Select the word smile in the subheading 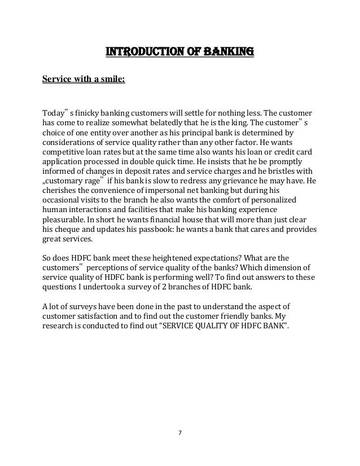tap(112, 78)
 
